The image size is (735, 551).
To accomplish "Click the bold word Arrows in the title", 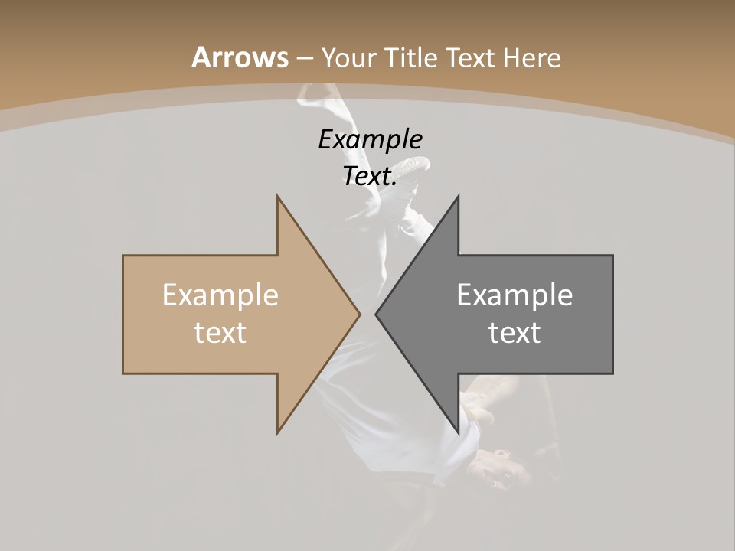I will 240,57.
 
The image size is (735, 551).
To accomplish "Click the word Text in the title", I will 469,57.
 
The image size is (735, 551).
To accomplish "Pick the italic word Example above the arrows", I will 370,139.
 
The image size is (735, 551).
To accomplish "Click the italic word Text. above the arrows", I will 370,176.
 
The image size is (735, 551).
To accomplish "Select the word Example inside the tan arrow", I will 220,295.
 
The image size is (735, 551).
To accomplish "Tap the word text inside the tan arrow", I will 220,332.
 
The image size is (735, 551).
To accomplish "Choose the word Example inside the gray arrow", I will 514,295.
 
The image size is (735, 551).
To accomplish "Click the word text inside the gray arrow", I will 514,332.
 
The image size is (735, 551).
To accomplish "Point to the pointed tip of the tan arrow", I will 359,314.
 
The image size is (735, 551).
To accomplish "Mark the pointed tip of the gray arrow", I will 376,314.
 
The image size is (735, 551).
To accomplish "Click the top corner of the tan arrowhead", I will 278,197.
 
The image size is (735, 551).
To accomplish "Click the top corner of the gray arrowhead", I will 458,197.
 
